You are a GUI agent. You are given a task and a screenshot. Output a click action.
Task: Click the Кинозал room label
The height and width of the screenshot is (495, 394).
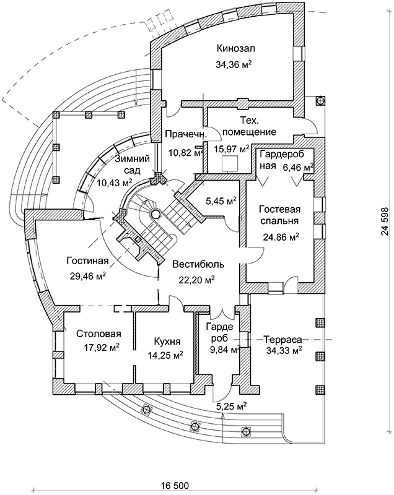pyautogui.click(x=236, y=48)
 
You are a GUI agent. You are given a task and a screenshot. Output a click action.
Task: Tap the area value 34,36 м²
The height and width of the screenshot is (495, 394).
pyautogui.click(x=236, y=64)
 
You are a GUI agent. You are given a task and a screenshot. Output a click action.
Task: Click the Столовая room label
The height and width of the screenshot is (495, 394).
pyautogui.click(x=95, y=334)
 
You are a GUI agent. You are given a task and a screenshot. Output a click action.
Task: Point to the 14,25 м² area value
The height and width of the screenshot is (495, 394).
pyautogui.click(x=165, y=355)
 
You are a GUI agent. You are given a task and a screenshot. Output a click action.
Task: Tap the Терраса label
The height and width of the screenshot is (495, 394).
pyautogui.click(x=282, y=339)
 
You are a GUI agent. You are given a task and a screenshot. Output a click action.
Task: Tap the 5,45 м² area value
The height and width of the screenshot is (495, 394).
pyautogui.click(x=221, y=201)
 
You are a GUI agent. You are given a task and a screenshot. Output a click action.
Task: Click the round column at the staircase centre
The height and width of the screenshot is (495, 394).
pyautogui.click(x=155, y=214)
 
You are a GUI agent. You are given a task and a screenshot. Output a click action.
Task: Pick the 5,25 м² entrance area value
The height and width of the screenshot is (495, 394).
pyautogui.click(x=232, y=406)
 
